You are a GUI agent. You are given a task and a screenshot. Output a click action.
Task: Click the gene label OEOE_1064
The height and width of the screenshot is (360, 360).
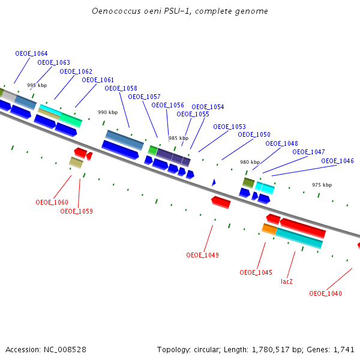[x=31, y=53]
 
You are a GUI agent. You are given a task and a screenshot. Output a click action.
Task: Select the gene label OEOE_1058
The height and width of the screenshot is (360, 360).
[x=121, y=88]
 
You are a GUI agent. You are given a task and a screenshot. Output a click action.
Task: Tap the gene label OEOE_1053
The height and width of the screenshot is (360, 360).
[x=229, y=127]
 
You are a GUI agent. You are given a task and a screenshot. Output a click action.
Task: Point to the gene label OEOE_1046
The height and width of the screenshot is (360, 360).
[x=337, y=161]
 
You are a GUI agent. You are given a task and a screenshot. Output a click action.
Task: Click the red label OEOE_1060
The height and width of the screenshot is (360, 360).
[x=52, y=202]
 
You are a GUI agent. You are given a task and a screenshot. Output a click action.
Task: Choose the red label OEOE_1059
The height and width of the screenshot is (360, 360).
[x=76, y=211]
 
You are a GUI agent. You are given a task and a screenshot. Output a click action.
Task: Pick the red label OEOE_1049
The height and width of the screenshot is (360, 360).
[x=202, y=255]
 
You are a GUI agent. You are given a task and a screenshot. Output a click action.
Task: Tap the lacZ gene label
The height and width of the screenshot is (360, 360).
[x=287, y=281]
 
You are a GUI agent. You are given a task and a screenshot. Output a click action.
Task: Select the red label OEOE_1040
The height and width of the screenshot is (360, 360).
[x=325, y=293]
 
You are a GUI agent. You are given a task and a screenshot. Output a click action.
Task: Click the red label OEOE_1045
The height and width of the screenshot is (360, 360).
[x=256, y=272]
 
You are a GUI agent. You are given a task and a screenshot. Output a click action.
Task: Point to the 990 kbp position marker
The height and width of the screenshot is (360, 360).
[x=107, y=112]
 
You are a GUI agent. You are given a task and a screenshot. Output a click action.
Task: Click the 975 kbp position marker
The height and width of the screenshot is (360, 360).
[x=322, y=185]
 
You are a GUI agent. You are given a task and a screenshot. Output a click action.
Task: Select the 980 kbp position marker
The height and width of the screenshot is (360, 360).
[x=250, y=162]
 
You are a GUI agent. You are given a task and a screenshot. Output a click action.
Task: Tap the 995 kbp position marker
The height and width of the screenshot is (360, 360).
[x=37, y=85]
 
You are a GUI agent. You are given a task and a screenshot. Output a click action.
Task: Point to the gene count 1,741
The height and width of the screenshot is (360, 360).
[x=344, y=349]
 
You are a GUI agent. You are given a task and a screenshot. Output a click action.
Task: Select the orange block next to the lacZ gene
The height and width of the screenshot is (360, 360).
[x=269, y=229]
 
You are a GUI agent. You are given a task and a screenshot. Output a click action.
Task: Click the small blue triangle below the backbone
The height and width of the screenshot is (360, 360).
[x=213, y=182]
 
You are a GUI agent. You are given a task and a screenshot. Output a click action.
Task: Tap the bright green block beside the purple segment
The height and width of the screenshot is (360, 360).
[x=152, y=149]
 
